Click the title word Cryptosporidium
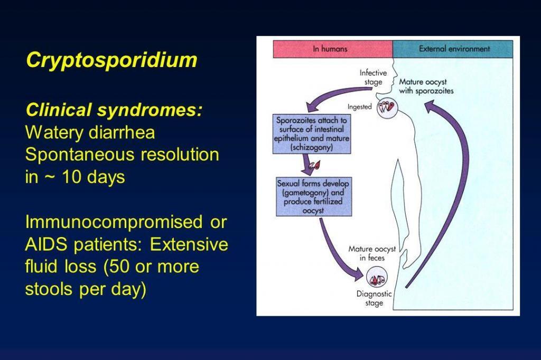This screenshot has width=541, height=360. [x=111, y=60]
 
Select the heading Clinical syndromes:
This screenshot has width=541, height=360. [x=114, y=110]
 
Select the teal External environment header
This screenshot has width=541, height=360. [x=454, y=49]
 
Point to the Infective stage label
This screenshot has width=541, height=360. [x=373, y=77]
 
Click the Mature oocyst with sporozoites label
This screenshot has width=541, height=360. [x=426, y=86]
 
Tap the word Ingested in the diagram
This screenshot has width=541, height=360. [x=359, y=107]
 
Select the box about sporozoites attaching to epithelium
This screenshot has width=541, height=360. [x=304, y=134]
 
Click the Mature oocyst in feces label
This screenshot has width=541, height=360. [x=372, y=253]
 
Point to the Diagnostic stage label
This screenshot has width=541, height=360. [x=374, y=298]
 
